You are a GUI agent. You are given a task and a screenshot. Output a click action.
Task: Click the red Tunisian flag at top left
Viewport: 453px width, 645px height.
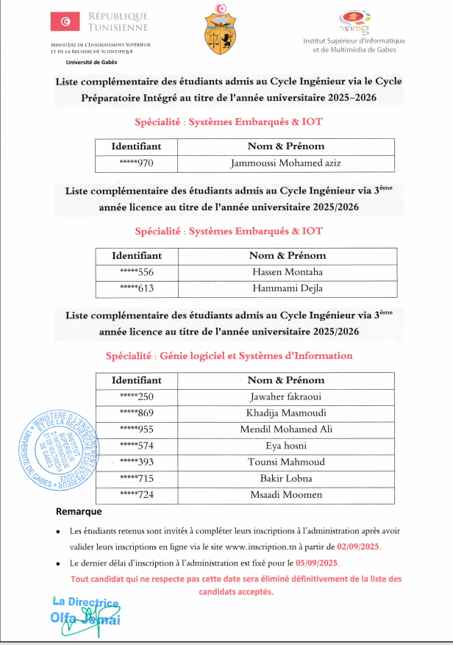pos(65,23)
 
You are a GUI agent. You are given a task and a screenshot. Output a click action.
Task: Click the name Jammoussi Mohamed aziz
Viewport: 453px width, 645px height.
pos(285,163)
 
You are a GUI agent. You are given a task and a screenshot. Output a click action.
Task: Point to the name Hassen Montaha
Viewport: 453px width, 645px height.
pos(286,272)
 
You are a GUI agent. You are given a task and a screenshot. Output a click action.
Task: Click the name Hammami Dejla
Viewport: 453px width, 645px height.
pos(286,288)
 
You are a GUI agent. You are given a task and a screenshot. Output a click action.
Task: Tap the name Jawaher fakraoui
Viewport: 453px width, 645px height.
pos(286,396)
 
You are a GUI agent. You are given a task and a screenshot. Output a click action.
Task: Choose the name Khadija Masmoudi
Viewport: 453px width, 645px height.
pos(286,413)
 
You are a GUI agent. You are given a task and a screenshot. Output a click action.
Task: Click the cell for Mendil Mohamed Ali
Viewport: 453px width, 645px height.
pos(286,429)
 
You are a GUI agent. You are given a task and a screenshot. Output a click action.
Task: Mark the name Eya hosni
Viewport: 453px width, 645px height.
pos(286,445)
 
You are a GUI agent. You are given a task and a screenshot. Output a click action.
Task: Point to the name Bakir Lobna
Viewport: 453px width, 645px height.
pos(286,477)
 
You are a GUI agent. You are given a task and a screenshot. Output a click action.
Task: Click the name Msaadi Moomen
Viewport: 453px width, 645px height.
pos(286,493)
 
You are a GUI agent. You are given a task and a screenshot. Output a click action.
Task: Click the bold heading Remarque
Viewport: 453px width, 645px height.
pos(79,511)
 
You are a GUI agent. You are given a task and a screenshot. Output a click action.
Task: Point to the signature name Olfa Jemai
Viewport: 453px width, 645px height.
pos(85,619)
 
